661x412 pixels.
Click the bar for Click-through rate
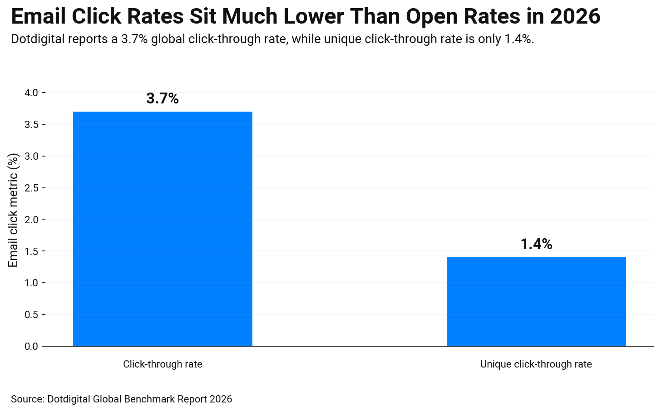click(163, 229)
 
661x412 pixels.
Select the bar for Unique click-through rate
click(536, 302)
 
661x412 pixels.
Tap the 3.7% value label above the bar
click(163, 98)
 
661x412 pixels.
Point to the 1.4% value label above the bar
click(536, 244)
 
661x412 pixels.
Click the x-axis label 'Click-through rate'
click(163, 364)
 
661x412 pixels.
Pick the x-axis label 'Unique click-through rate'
click(536, 364)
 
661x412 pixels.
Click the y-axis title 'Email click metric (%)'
click(14, 210)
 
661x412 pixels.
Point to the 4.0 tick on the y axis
click(31, 93)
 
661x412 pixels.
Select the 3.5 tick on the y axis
click(31, 125)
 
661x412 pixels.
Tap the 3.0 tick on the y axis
click(31, 157)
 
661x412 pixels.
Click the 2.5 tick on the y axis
click(31, 188)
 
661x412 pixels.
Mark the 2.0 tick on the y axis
click(31, 220)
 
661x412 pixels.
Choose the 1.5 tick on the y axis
click(31, 251)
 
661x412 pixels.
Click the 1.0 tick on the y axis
click(31, 283)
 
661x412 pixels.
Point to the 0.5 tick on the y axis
click(31, 315)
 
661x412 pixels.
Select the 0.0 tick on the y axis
click(31, 347)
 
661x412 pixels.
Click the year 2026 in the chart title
click(575, 17)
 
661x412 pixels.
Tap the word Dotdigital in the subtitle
click(38, 39)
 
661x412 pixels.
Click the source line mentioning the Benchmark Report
click(121, 399)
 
